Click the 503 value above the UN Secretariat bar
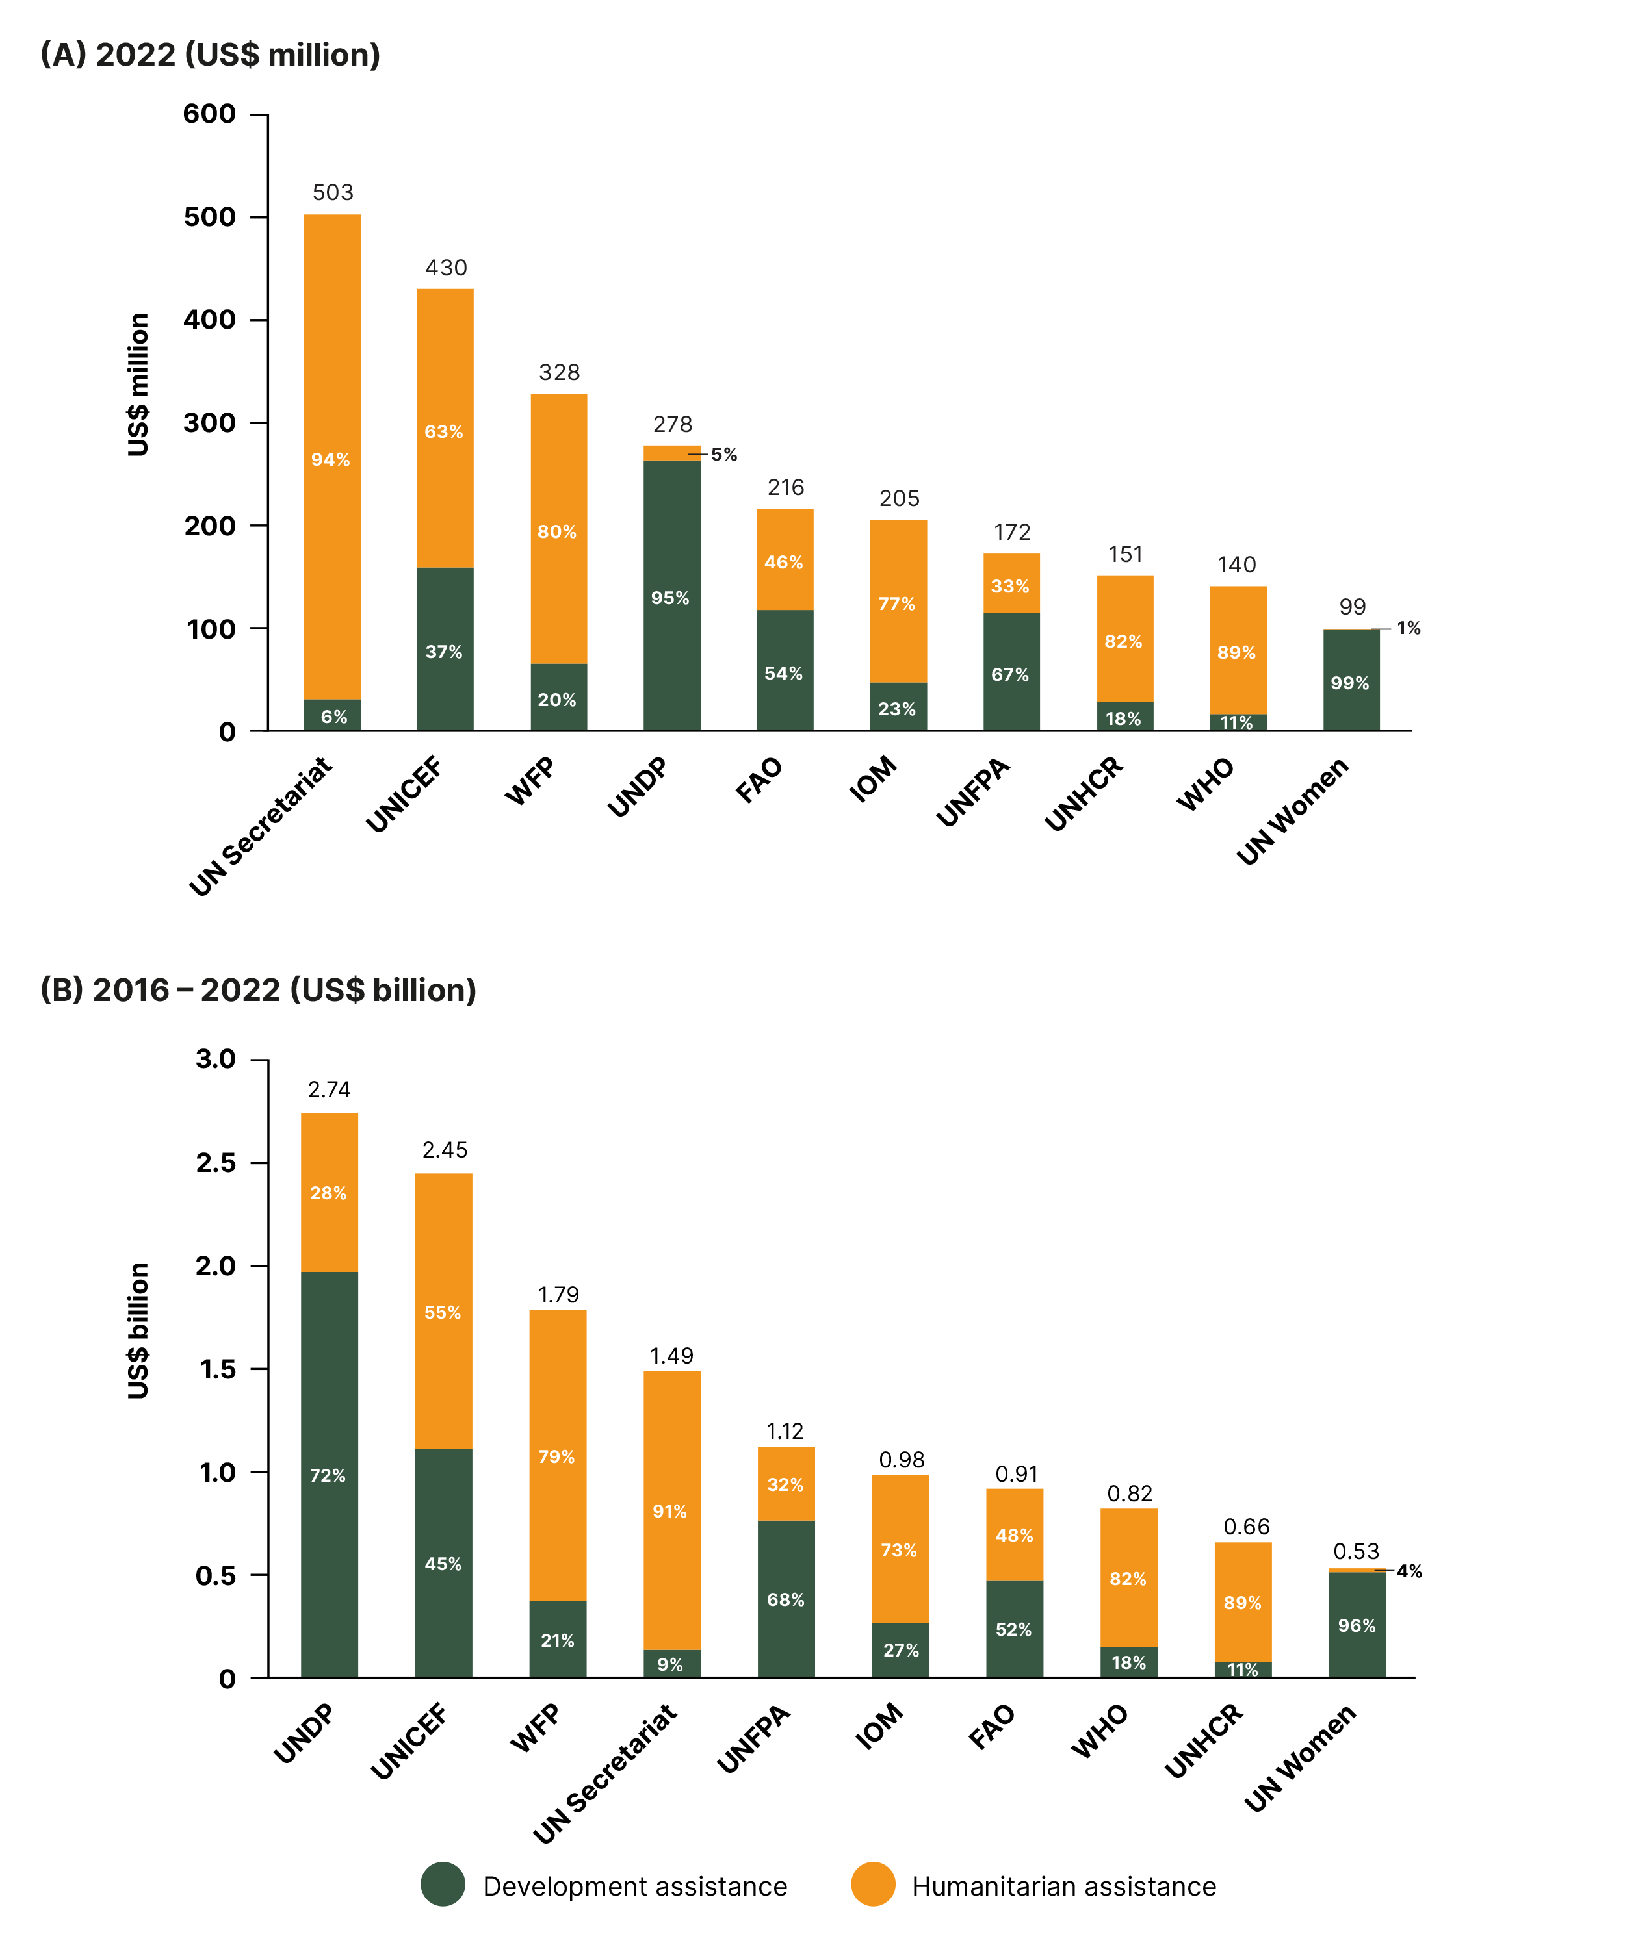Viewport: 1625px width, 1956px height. (333, 193)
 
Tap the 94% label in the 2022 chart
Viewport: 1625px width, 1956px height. (331, 459)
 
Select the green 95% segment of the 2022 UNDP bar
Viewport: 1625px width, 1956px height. (671, 597)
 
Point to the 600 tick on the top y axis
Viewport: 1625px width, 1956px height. (210, 114)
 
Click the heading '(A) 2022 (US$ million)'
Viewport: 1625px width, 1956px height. (211, 55)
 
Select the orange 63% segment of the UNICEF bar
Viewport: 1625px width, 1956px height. (445, 431)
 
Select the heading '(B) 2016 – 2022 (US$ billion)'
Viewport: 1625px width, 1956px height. (258, 989)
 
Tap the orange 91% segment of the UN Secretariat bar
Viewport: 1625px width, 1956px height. (671, 1511)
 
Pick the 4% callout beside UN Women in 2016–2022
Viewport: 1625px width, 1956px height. (1409, 1571)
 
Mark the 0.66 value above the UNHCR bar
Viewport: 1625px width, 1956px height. (1246, 1527)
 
